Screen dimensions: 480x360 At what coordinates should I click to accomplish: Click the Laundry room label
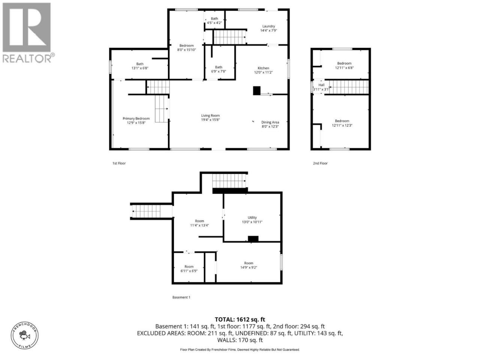click(268, 26)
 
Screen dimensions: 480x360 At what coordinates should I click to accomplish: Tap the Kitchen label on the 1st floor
click(263, 68)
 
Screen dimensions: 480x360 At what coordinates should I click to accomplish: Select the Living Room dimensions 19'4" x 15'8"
click(210, 120)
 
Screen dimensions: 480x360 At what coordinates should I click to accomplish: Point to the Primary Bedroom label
click(136, 118)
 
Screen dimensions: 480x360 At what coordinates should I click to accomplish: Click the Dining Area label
click(270, 122)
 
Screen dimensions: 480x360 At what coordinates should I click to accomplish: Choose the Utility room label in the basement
click(252, 217)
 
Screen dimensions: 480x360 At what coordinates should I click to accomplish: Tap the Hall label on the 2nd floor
click(321, 85)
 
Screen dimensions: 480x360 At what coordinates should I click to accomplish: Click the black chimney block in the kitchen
click(257, 90)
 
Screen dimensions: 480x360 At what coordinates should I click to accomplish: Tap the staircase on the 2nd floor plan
click(348, 87)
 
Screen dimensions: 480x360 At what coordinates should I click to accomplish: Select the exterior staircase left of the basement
click(146, 211)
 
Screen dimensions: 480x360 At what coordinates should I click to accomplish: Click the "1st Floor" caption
click(119, 163)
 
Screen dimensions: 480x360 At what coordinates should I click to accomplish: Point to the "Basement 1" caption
click(181, 297)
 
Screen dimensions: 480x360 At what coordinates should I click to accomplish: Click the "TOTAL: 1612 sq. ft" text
click(240, 319)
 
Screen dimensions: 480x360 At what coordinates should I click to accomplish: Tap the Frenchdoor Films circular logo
click(25, 336)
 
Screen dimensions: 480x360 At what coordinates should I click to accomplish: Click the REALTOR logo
click(28, 33)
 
